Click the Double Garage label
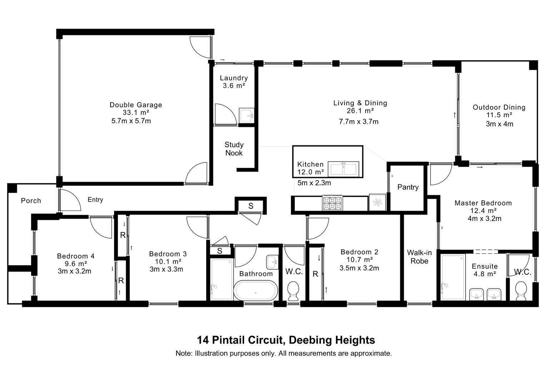click(136, 105)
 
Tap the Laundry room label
click(234, 78)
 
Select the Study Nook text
click(234, 149)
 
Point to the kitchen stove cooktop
click(332, 203)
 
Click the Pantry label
click(408, 187)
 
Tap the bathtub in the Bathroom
click(255, 291)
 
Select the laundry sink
click(247, 116)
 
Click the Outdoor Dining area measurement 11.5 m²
click(499, 115)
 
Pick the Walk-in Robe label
click(419, 257)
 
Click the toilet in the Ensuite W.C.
click(521, 291)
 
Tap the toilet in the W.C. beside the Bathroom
click(293, 291)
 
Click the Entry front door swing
click(70, 200)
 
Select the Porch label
click(31, 201)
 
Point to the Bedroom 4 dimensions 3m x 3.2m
click(74, 271)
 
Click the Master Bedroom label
click(483, 203)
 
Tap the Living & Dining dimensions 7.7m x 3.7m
click(359, 122)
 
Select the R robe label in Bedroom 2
click(315, 274)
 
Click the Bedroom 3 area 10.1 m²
click(168, 262)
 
